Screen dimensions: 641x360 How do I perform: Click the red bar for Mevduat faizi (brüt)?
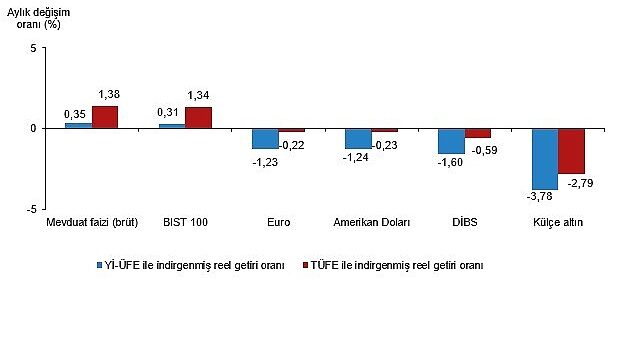click(x=105, y=117)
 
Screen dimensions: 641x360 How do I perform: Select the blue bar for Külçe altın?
click(x=545, y=159)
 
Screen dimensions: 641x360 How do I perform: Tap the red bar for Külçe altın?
click(x=572, y=151)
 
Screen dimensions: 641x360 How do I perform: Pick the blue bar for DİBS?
click(x=452, y=141)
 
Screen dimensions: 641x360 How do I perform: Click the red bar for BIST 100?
click(x=198, y=118)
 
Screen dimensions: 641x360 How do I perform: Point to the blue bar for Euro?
click(x=265, y=139)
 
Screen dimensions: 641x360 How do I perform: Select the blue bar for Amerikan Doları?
click(x=359, y=139)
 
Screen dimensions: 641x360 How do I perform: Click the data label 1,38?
click(x=109, y=94)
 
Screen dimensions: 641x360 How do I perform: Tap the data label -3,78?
click(x=539, y=197)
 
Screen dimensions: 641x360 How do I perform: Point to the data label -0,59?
click(x=484, y=150)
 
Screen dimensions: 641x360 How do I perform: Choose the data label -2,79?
click(x=580, y=183)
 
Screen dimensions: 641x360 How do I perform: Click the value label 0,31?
click(x=168, y=112)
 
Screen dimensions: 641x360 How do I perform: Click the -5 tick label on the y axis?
click(x=31, y=209)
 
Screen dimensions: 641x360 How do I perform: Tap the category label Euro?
click(x=279, y=222)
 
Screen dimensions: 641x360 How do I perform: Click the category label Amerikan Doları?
click(x=372, y=222)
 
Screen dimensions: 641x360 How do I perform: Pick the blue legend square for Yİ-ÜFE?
click(x=99, y=265)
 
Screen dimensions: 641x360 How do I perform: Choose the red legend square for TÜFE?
click(x=305, y=265)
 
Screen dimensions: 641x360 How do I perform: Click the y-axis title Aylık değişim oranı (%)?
click(x=38, y=18)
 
